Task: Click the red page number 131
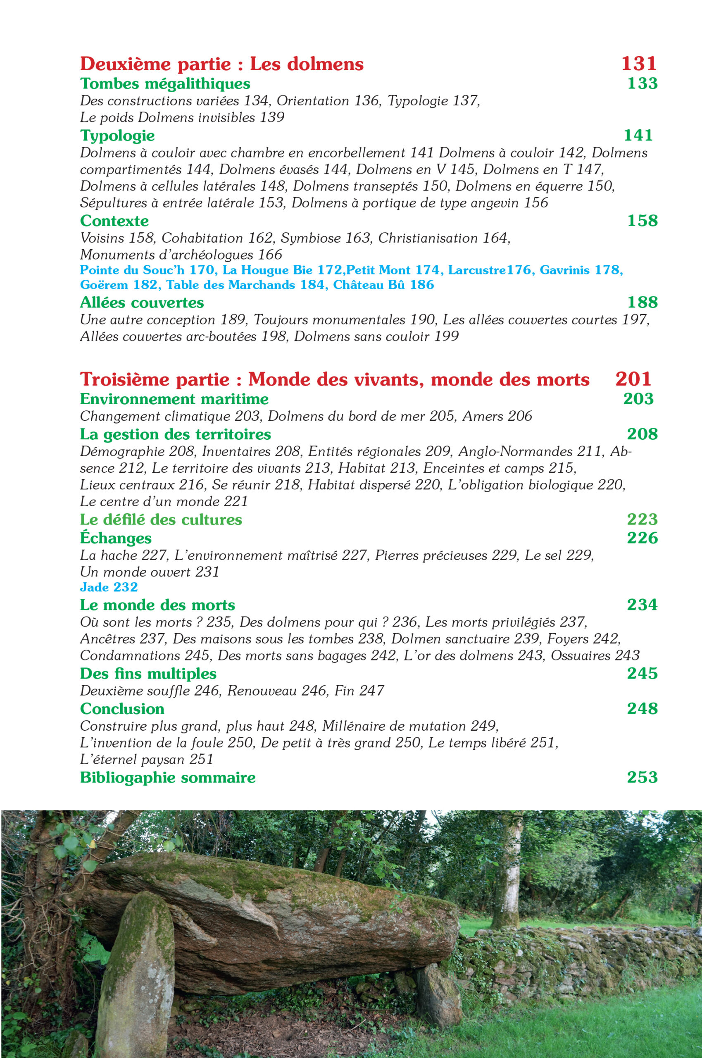[x=638, y=64]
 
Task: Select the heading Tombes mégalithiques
[x=165, y=84]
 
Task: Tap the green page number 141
[x=638, y=135]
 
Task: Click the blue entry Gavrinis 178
[x=581, y=270]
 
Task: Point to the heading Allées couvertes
[x=141, y=303]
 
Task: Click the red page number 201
[x=633, y=379]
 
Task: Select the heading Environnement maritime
[x=174, y=399]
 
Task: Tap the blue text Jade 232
[x=109, y=587]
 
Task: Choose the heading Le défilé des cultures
[x=161, y=519]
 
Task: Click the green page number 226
[x=642, y=538]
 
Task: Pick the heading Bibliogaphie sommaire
[x=167, y=777]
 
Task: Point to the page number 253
[x=642, y=777]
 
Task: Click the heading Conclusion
[x=122, y=709]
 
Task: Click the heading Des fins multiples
[x=148, y=673]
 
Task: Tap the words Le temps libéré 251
[x=493, y=743]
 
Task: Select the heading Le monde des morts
[x=157, y=605]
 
